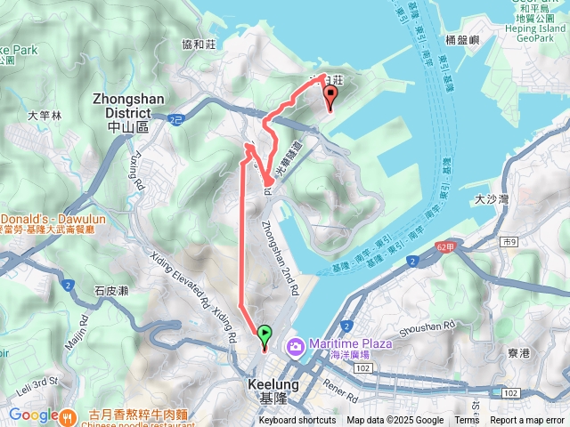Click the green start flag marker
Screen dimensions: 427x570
click(265, 335)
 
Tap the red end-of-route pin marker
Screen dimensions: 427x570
click(330, 97)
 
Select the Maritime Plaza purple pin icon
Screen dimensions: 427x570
click(295, 345)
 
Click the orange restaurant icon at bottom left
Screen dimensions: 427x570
click(69, 415)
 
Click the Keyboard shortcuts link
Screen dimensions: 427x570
click(297, 421)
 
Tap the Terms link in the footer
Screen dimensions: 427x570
click(467, 421)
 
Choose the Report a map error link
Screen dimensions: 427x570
click(527, 421)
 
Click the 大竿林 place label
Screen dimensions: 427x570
click(45, 115)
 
